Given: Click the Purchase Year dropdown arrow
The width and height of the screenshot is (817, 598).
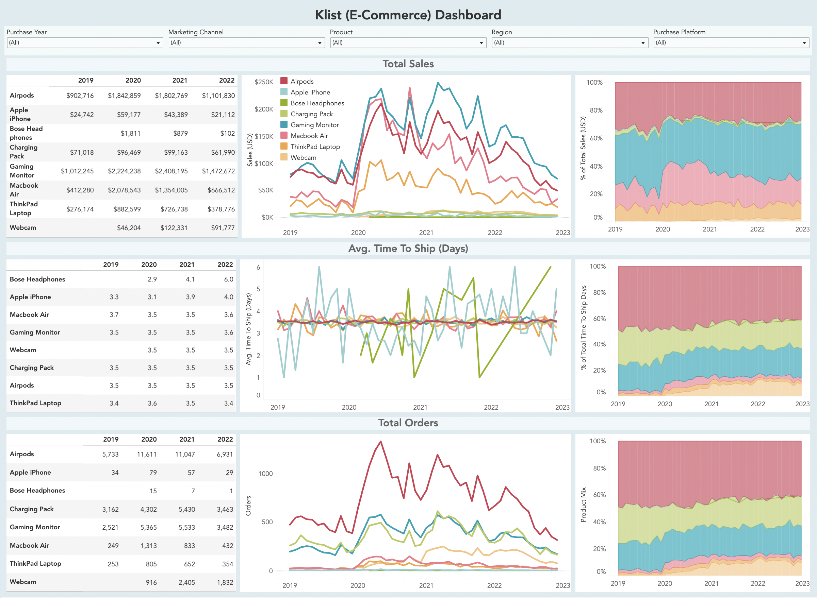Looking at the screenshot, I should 158,43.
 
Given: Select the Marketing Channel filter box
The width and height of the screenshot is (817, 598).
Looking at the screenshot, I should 246,43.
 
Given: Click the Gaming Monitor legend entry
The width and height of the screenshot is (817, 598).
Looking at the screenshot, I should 314,125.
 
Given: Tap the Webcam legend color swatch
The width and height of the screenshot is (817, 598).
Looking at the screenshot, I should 284,157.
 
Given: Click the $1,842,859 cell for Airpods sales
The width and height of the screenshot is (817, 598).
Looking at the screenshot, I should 124,96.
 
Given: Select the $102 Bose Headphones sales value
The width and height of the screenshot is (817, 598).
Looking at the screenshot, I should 228,134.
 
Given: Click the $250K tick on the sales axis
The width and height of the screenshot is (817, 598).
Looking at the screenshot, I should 264,82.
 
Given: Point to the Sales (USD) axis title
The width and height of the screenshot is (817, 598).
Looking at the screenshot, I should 250,150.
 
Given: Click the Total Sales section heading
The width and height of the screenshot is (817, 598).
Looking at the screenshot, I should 408,64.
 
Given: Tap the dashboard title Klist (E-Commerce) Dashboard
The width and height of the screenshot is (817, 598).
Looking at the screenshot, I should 408,15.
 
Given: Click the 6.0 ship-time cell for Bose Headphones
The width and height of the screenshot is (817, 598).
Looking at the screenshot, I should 228,279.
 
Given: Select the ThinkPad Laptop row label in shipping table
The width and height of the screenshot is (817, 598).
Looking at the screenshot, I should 35,403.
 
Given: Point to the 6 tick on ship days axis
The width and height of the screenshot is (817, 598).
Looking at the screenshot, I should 258,268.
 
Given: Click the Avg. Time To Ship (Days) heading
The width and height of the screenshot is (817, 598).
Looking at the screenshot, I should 408,249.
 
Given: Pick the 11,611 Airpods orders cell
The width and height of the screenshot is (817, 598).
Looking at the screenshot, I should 147,454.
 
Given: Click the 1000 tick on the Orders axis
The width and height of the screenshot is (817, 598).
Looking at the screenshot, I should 265,474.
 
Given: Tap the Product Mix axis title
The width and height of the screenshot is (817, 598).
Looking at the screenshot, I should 583,505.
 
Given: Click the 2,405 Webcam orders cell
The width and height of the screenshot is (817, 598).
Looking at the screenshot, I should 186,582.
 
